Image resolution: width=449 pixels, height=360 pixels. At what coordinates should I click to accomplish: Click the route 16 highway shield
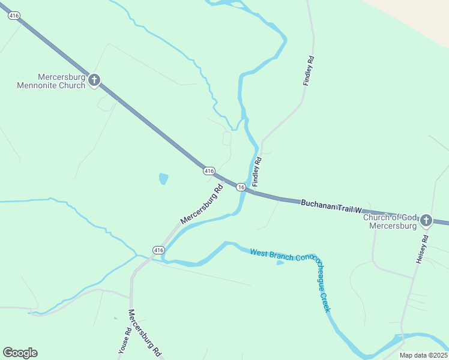(x=240, y=187)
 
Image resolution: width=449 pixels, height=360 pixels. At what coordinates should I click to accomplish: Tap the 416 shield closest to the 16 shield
(x=209, y=171)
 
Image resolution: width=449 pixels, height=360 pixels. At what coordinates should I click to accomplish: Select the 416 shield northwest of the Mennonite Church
(x=12, y=16)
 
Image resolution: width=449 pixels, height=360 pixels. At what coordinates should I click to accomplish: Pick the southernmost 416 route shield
(x=158, y=250)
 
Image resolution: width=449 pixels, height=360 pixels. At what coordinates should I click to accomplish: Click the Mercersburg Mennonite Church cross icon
(x=94, y=80)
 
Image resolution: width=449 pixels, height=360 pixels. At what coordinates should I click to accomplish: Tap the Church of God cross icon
(x=426, y=220)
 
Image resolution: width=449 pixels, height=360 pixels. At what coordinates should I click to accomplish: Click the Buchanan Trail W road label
(x=331, y=206)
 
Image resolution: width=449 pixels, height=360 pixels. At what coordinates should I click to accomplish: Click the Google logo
(x=20, y=353)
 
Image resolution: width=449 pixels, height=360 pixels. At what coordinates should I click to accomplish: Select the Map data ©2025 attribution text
(x=423, y=355)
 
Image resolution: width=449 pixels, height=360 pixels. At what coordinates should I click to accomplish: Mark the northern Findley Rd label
(x=308, y=71)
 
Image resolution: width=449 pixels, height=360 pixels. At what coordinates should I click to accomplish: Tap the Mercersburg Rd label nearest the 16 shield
(x=202, y=204)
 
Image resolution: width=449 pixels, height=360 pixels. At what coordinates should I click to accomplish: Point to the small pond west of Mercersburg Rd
(x=163, y=178)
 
